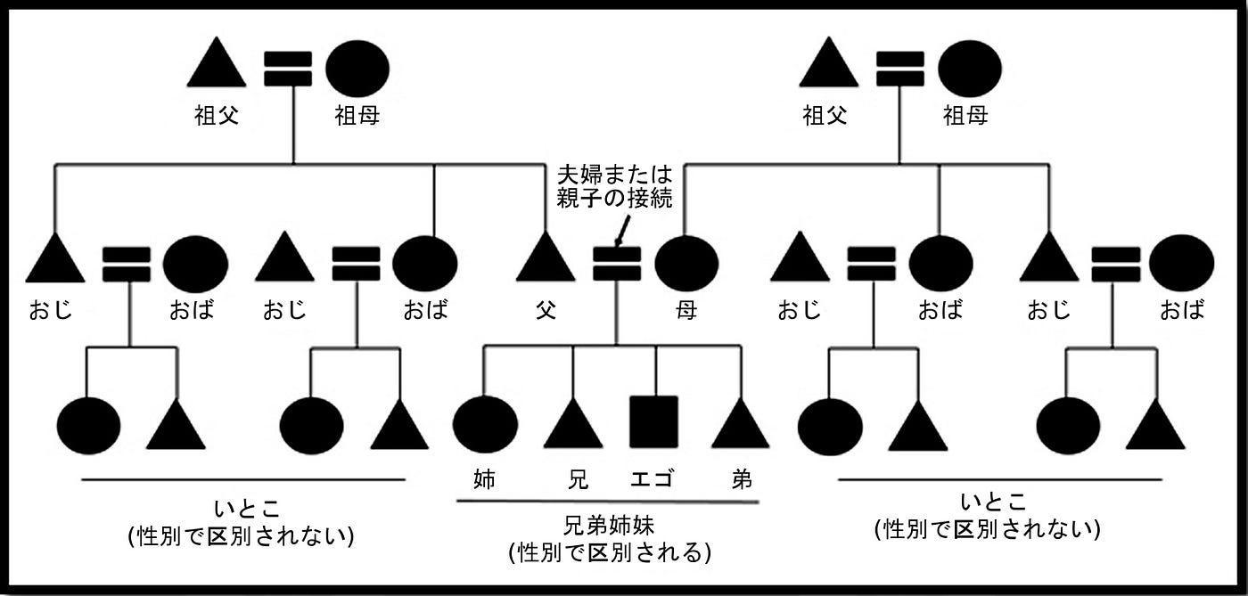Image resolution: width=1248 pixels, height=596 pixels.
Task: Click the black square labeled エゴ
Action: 653,421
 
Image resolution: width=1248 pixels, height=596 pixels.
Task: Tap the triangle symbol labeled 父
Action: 546,259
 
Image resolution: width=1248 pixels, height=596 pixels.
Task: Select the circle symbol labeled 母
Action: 686,263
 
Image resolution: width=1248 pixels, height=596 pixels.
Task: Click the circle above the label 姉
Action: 485,424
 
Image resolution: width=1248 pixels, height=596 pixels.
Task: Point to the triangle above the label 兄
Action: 573,426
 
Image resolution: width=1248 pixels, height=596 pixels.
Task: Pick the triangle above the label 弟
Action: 740,426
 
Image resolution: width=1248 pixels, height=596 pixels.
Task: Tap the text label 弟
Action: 741,479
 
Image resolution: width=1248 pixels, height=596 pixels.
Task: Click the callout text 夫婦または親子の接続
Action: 614,184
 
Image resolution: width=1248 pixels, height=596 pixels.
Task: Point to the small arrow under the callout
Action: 621,233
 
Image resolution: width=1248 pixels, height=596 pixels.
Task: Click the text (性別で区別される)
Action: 609,552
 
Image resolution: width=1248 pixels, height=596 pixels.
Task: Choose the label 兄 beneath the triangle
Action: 578,479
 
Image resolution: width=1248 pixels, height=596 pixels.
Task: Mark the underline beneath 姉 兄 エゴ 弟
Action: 607,502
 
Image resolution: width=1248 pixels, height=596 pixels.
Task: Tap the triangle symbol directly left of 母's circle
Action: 546,259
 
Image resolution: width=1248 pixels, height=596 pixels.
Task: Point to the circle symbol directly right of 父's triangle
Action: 686,263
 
